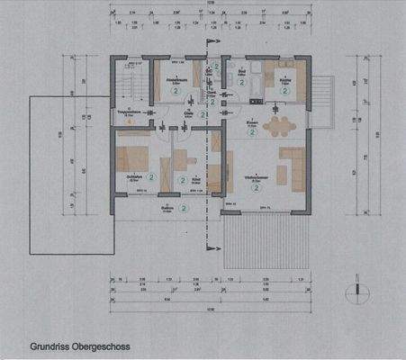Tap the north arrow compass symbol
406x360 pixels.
click(358, 292)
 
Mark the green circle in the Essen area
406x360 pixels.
click(255, 131)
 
